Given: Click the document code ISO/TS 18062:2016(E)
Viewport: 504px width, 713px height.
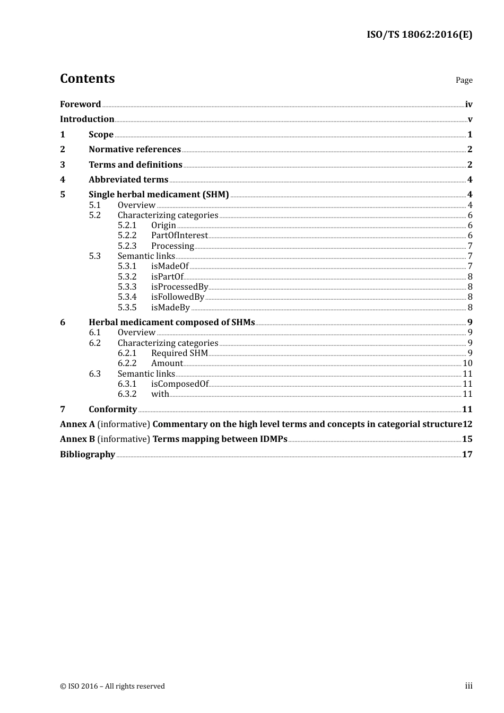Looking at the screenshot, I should click(419, 35).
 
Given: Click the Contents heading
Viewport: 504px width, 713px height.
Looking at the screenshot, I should click(87, 79).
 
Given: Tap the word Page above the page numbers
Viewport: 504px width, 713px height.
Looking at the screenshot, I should click(464, 80).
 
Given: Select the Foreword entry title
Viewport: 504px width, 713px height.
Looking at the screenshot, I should click(80, 105).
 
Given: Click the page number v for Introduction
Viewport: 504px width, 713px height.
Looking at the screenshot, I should click(470, 119).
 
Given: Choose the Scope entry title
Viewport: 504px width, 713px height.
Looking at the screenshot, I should click(101, 135).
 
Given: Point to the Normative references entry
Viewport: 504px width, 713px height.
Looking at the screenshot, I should click(135, 150).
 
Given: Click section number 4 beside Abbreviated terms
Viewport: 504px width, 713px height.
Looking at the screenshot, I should click(63, 180).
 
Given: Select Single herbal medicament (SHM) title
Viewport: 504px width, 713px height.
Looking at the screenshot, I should click(159, 195).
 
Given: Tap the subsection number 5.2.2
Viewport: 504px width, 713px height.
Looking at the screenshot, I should click(127, 236).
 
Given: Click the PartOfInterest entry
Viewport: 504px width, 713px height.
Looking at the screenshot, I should click(179, 236).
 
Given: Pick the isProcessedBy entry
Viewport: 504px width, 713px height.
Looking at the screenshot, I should click(179, 287).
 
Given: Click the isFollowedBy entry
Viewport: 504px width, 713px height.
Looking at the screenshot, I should click(177, 297).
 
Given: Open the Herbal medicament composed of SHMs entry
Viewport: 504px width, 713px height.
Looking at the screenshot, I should click(171, 323).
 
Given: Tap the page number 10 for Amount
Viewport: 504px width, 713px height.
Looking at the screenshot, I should click(467, 363).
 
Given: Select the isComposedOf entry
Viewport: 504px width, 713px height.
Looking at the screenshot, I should click(179, 384).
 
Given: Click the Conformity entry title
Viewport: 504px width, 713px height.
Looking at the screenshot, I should click(112, 410).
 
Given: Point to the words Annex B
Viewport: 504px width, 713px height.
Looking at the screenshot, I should click(77, 439).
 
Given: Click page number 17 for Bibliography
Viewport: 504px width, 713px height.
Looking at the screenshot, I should click(467, 455).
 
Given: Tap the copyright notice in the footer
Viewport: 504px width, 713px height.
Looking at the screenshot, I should click(112, 686).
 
